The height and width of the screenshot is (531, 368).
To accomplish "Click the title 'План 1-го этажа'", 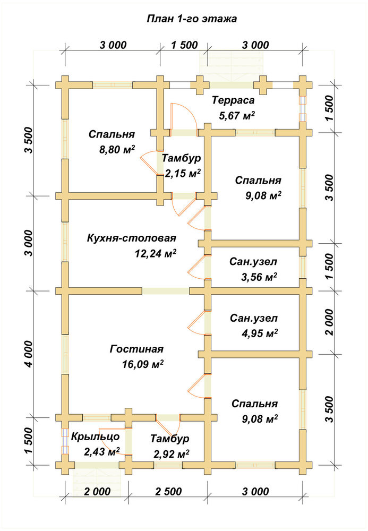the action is [192, 19].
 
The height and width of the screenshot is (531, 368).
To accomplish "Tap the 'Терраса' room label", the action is [233, 100].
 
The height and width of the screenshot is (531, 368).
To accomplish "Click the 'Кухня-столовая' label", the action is [132, 238].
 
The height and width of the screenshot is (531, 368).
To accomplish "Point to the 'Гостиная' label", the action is [136, 349].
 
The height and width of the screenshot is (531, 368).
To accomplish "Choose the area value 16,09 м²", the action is [143, 364].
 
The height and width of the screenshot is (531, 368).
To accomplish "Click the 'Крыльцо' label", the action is [95, 437].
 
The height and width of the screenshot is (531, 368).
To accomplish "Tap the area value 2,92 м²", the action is [172, 454].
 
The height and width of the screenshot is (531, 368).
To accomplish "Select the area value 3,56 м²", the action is [259, 277].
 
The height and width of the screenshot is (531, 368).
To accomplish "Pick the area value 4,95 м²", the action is [260, 333].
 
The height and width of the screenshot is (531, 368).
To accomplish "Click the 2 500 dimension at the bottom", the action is [168, 491].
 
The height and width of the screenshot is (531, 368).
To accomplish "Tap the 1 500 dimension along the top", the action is [184, 45].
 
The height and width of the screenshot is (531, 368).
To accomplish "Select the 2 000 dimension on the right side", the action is [329, 322].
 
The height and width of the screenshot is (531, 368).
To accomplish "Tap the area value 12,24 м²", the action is [156, 253].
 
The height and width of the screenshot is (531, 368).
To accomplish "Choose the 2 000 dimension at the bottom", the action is [97, 491].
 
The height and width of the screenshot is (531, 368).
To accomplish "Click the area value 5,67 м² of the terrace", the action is [237, 116].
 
